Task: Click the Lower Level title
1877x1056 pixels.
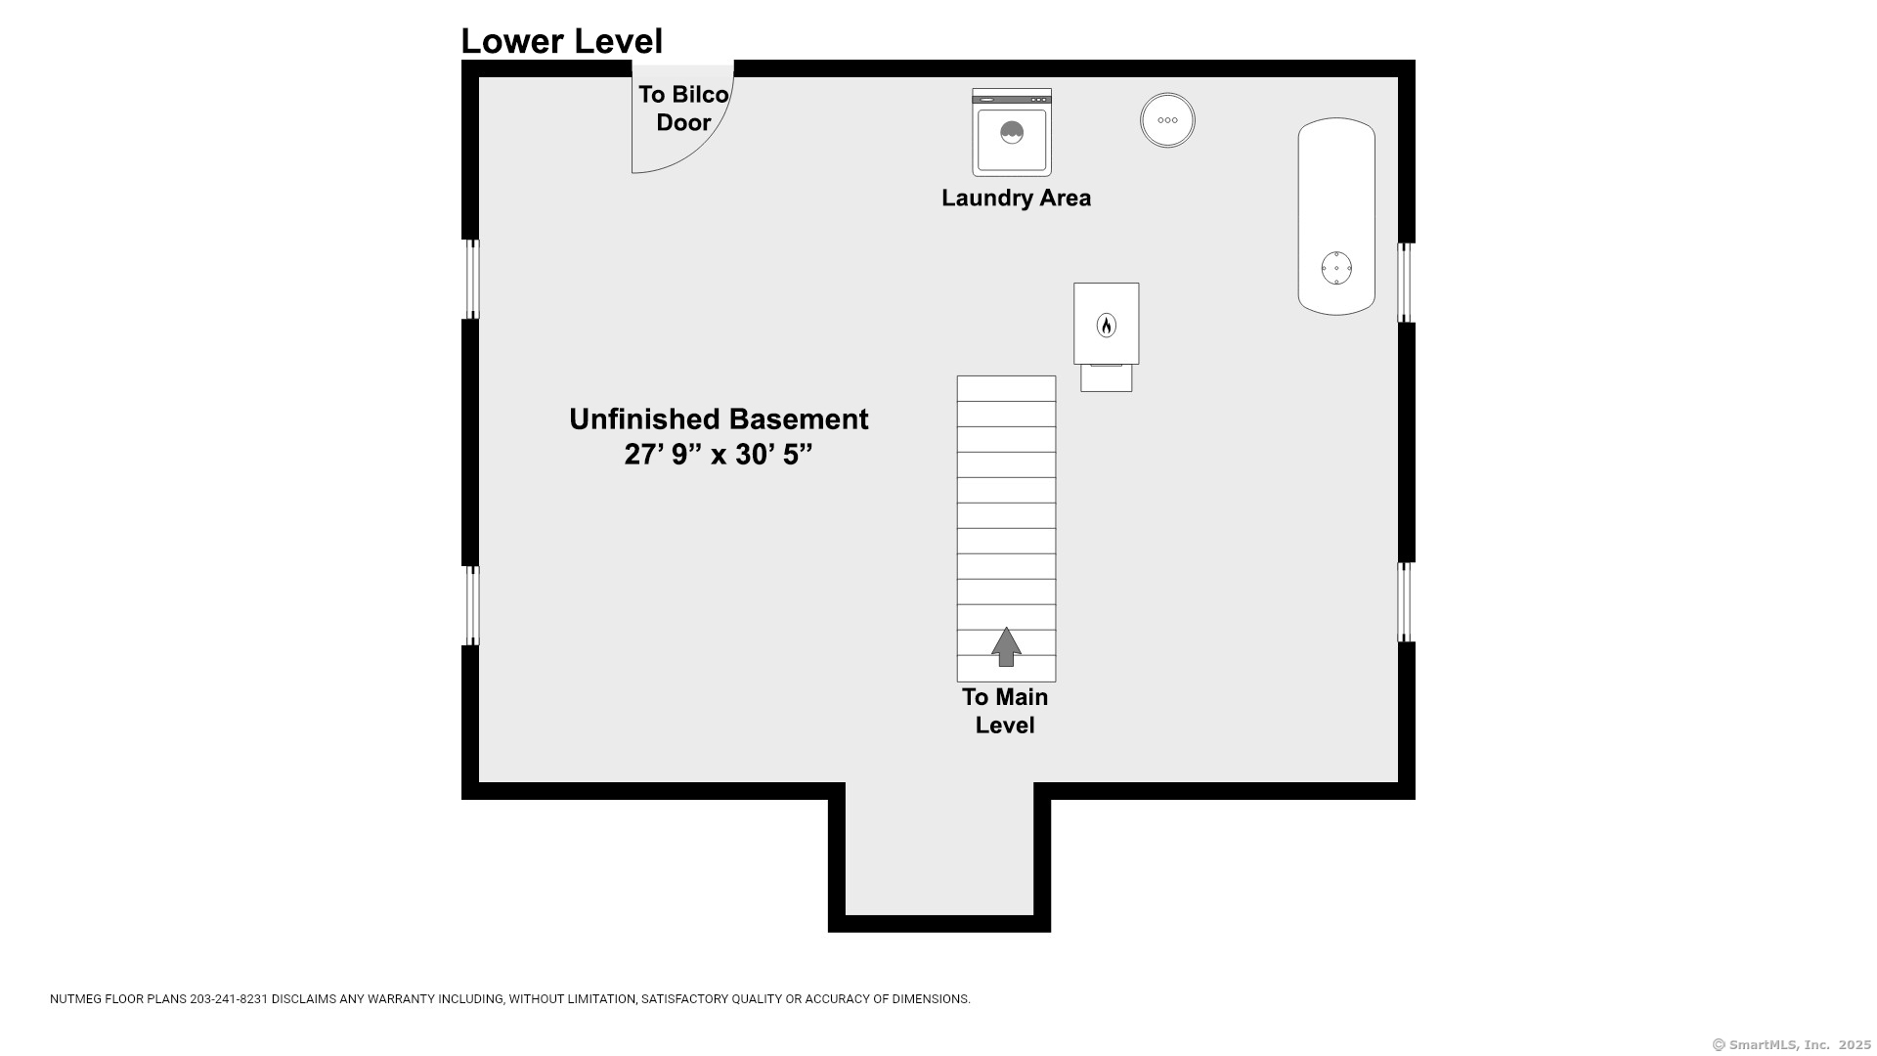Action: [x=561, y=41]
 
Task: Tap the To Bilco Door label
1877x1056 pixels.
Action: [x=683, y=109]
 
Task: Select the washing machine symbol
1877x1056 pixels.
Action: [x=1012, y=132]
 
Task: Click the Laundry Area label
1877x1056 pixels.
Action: [x=1016, y=198]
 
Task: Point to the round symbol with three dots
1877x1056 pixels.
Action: [x=1167, y=120]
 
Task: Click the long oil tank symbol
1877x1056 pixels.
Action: [x=1336, y=216]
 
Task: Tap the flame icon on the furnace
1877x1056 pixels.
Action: [x=1106, y=325]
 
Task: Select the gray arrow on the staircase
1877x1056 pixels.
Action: [x=1006, y=646]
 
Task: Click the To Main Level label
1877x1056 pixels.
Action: [x=1005, y=711]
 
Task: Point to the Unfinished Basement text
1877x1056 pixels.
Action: [x=719, y=419]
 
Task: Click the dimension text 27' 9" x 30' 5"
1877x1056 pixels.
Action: [x=719, y=455]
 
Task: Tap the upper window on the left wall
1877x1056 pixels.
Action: [x=471, y=280]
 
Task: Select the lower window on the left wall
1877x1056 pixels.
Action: [x=471, y=605]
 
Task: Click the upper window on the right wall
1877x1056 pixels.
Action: [x=1406, y=283]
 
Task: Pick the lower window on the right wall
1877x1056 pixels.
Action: [x=1406, y=602]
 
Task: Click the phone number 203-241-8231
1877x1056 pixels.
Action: [x=229, y=999]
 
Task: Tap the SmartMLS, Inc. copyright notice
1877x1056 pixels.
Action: [x=1792, y=1045]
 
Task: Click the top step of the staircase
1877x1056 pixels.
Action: [x=1006, y=388]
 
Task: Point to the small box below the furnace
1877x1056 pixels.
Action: [x=1106, y=377]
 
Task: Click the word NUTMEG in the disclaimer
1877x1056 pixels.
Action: [x=74, y=999]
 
